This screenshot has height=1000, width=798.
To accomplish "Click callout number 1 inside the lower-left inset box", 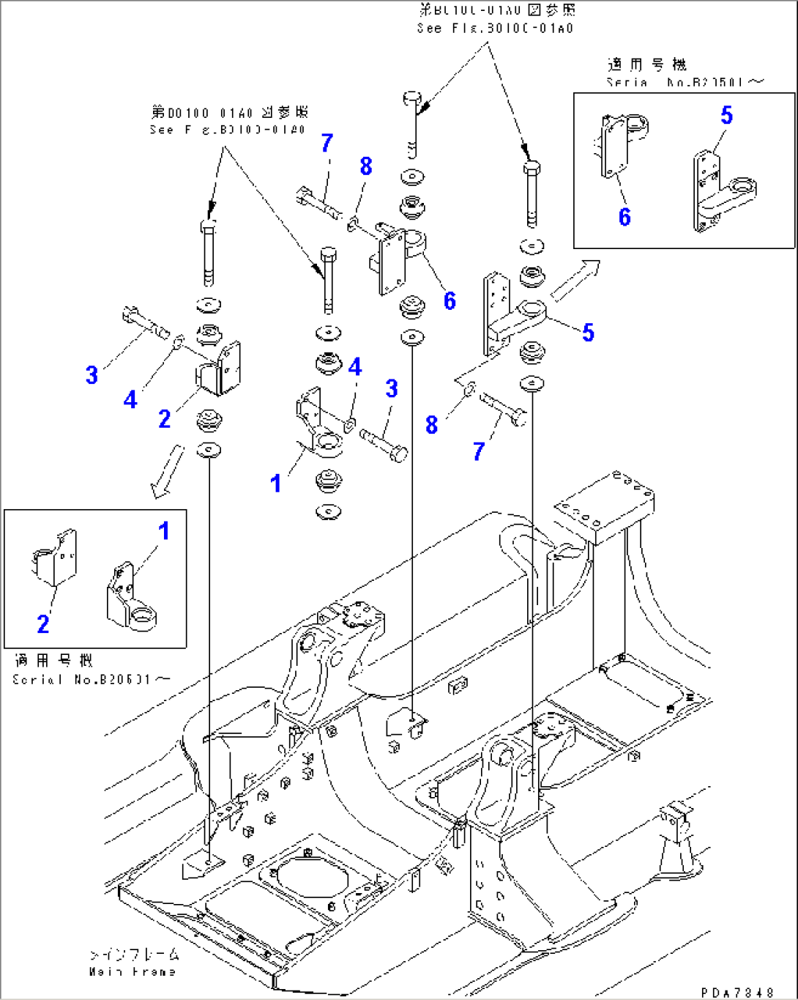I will coord(164,531).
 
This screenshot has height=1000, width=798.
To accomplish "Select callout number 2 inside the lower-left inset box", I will coord(43,624).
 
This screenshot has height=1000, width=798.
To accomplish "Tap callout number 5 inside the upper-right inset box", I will coord(726,115).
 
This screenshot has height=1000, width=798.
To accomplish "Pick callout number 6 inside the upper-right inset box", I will coord(624,217).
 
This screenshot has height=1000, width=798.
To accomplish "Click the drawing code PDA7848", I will coord(737,992).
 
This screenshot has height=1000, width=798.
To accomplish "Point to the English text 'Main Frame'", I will coord(133,972).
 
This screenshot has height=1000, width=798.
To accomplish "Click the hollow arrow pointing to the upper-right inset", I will coord(575,281).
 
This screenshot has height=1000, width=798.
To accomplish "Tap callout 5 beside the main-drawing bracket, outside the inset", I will coord(588,333).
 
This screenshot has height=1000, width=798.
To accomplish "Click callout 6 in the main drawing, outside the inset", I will coord(450,300).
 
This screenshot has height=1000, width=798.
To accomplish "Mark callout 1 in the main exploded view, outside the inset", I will coord(275,484).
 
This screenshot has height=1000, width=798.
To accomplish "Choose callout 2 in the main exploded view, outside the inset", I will coord(165,418).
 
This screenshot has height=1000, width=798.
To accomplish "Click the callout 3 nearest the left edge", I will coord(92,376).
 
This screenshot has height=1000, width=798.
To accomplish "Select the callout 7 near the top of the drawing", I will coord(327,144).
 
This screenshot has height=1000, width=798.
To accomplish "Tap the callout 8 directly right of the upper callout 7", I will coord(366,166).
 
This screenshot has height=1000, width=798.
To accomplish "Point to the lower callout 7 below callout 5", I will coord(478,451).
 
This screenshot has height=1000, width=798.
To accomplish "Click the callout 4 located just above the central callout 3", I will coord(355,366).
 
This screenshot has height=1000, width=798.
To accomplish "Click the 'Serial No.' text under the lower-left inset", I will coord(91,679).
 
